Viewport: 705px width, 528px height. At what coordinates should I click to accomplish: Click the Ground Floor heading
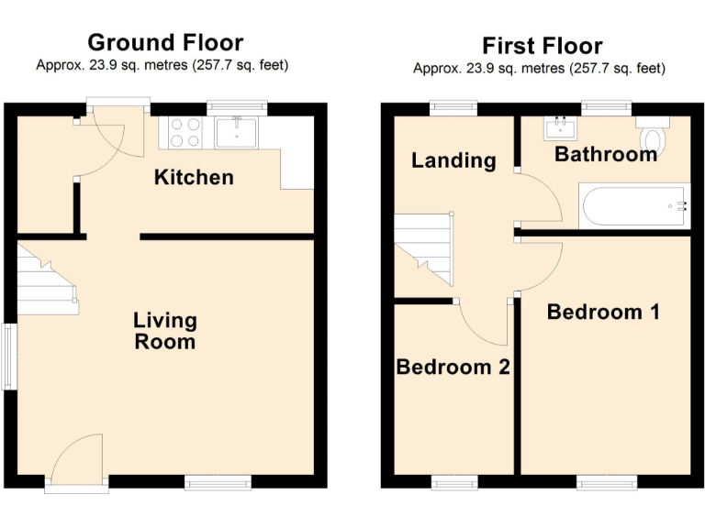165,42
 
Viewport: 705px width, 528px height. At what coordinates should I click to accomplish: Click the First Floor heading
542,46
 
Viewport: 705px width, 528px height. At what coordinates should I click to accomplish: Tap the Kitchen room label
193,177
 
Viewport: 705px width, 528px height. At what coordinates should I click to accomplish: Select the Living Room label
165,331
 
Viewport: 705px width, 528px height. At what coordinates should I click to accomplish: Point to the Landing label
453,161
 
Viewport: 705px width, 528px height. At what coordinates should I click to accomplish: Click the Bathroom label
606,154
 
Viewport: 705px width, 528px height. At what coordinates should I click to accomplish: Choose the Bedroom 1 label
603,312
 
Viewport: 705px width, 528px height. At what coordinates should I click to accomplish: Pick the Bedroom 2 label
453,367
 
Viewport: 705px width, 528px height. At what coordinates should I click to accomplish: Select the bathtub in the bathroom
633,205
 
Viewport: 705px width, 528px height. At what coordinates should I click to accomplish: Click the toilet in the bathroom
653,136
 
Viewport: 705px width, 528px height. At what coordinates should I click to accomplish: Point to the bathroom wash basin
560,127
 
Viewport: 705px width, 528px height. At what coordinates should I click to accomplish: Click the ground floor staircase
46,280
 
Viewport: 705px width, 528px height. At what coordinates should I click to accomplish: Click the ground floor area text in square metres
162,65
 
